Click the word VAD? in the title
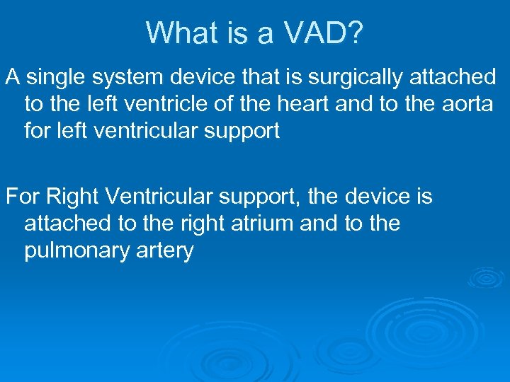(x=324, y=33)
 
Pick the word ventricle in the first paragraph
(x=166, y=104)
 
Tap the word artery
(x=165, y=251)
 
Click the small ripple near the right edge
(x=489, y=277)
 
